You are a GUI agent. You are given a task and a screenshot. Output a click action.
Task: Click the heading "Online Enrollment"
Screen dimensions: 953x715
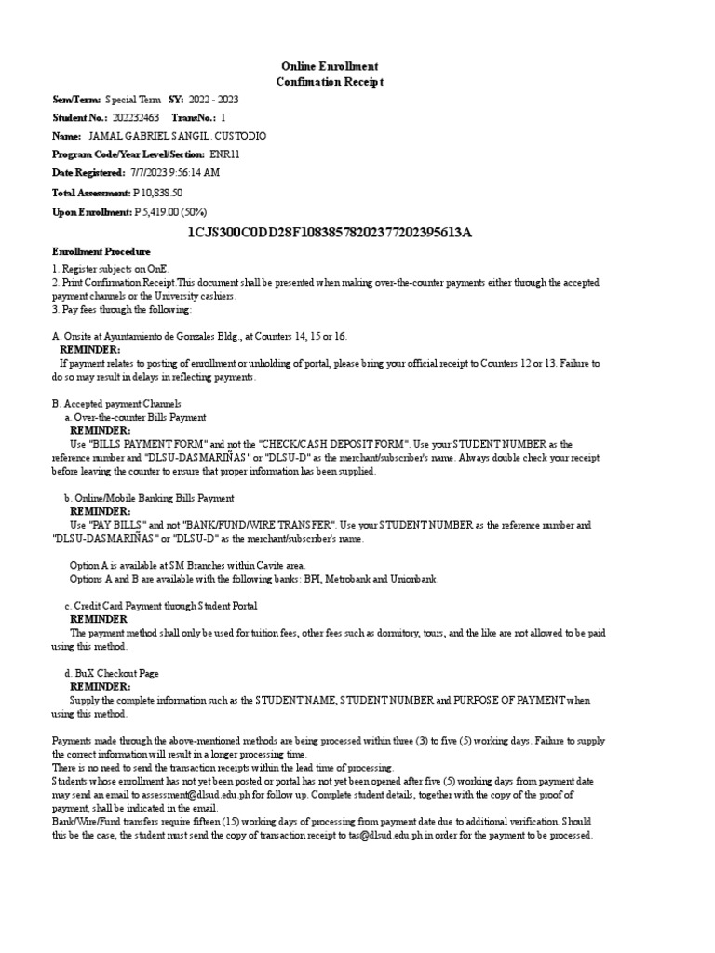pos(330,66)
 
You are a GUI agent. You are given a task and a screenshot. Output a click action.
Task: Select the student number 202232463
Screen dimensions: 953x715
pos(135,118)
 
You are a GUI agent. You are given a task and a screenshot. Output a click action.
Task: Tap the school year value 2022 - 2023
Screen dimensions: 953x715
pos(213,99)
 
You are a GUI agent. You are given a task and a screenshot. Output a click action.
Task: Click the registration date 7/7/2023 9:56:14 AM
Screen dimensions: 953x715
pos(174,173)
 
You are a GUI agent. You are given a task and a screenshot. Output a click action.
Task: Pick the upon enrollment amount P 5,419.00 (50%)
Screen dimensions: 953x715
pos(170,212)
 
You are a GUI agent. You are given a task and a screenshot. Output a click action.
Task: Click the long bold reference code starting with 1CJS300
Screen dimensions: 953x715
pos(330,232)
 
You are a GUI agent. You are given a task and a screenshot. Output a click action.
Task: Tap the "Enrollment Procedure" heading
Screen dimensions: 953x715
pos(100,252)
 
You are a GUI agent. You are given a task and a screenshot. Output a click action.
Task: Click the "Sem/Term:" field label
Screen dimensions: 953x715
pos(76,99)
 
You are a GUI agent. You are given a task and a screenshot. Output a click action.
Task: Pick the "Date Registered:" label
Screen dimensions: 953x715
pos(88,173)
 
